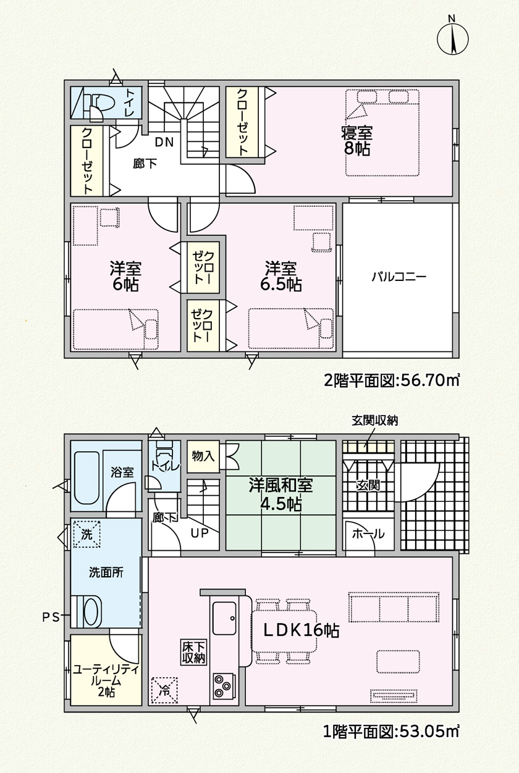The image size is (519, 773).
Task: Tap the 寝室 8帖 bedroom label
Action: (357, 141)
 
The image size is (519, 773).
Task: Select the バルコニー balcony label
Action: (399, 277)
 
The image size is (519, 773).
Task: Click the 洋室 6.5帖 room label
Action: (281, 277)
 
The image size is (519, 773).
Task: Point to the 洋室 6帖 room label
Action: (125, 277)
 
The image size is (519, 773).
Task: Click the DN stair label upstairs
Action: (164, 142)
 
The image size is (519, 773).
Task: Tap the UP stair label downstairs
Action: (200, 533)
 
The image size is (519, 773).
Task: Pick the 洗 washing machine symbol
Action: (86, 534)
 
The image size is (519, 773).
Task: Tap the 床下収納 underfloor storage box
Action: (194, 652)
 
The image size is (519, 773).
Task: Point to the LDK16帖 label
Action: (301, 630)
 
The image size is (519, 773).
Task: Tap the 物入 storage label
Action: (203, 456)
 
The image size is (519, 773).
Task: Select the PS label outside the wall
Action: (51, 617)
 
